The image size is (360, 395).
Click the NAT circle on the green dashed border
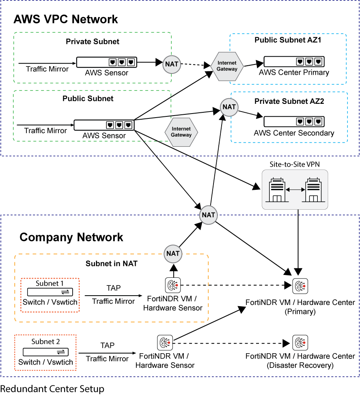172,64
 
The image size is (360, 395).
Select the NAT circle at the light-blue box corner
229,107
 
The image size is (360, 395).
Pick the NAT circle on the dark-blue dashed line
209,215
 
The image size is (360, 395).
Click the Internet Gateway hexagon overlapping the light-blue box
227,66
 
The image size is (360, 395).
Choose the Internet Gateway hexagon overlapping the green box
181,132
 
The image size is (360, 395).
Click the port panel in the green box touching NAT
106,62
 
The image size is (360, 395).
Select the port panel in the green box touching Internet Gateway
104,125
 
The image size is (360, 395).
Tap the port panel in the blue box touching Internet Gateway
294,62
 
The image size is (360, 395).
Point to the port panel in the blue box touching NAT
294,121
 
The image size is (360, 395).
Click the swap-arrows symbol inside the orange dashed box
65,292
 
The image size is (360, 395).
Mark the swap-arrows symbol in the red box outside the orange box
61,352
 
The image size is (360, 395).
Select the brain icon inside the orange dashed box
173,286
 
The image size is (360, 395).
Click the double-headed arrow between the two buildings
295,190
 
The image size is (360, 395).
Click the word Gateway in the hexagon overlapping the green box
181,135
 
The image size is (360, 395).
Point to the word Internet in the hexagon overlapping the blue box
227,63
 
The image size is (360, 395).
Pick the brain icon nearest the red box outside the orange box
165,343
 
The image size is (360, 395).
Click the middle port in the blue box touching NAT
309,121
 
